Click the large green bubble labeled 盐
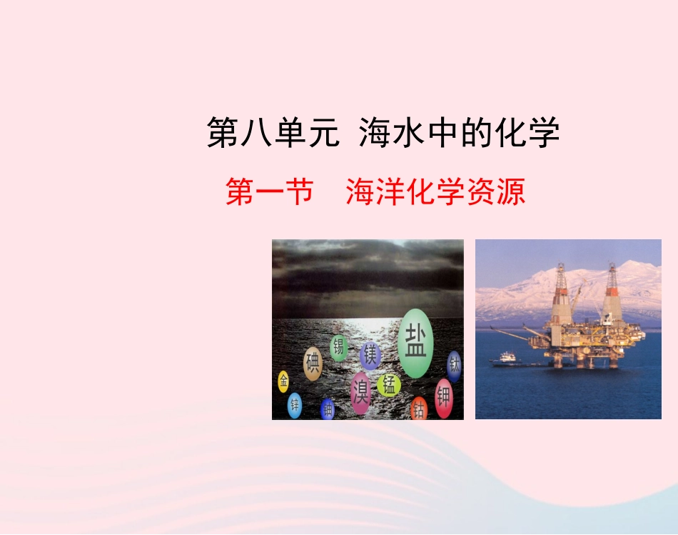click(415, 342)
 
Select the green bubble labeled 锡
click(338, 348)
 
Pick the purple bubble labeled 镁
click(370, 354)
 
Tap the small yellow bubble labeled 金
click(283, 381)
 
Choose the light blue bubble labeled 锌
click(294, 405)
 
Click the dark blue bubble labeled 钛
click(454, 366)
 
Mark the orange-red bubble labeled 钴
click(419, 409)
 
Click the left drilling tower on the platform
click(561, 293)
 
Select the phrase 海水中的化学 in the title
click(459, 134)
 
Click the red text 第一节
click(270, 192)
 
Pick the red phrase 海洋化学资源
click(435, 192)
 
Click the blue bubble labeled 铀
click(328, 409)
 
